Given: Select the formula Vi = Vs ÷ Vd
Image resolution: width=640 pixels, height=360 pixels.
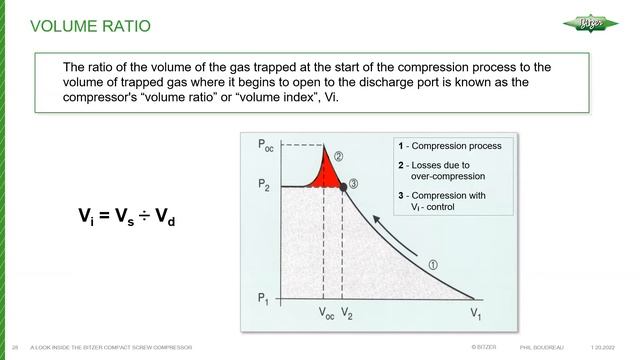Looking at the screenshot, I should [x=121, y=214].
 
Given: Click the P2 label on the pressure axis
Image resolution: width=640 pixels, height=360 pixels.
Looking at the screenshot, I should [x=265, y=186].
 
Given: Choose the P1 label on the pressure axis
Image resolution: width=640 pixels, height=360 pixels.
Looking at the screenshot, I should [x=265, y=297].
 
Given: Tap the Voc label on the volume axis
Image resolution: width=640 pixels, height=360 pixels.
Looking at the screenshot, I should [x=327, y=313].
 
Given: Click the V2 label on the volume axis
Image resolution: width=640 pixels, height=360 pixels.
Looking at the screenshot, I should [x=346, y=313].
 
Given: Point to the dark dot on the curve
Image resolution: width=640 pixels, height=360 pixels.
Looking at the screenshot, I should [x=342, y=186].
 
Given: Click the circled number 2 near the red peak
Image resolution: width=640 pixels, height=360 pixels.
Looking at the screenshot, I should [x=339, y=156].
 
